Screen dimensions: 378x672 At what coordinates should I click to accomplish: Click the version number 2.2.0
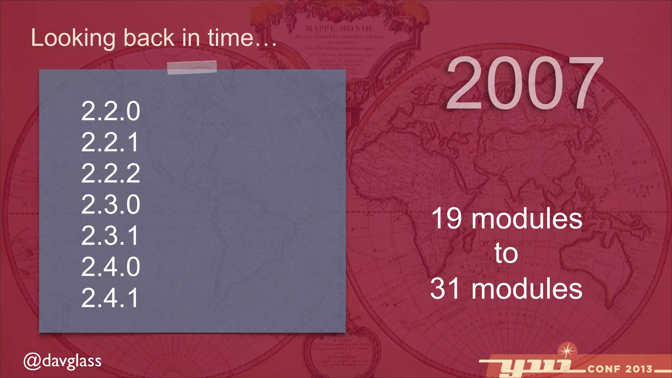111,111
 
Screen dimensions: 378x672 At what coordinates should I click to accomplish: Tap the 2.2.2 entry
111,173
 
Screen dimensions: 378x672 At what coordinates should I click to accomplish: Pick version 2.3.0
111,204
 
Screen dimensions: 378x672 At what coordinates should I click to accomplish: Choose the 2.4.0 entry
111,266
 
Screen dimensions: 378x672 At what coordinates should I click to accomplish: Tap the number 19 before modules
447,219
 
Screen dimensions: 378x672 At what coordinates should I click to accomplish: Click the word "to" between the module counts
506,253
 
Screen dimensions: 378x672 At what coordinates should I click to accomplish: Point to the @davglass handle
62,361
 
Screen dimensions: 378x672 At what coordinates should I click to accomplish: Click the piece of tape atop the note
192,67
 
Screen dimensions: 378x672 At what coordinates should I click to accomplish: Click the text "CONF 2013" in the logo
620,369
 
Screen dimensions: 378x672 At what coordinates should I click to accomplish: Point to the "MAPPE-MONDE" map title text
340,29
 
